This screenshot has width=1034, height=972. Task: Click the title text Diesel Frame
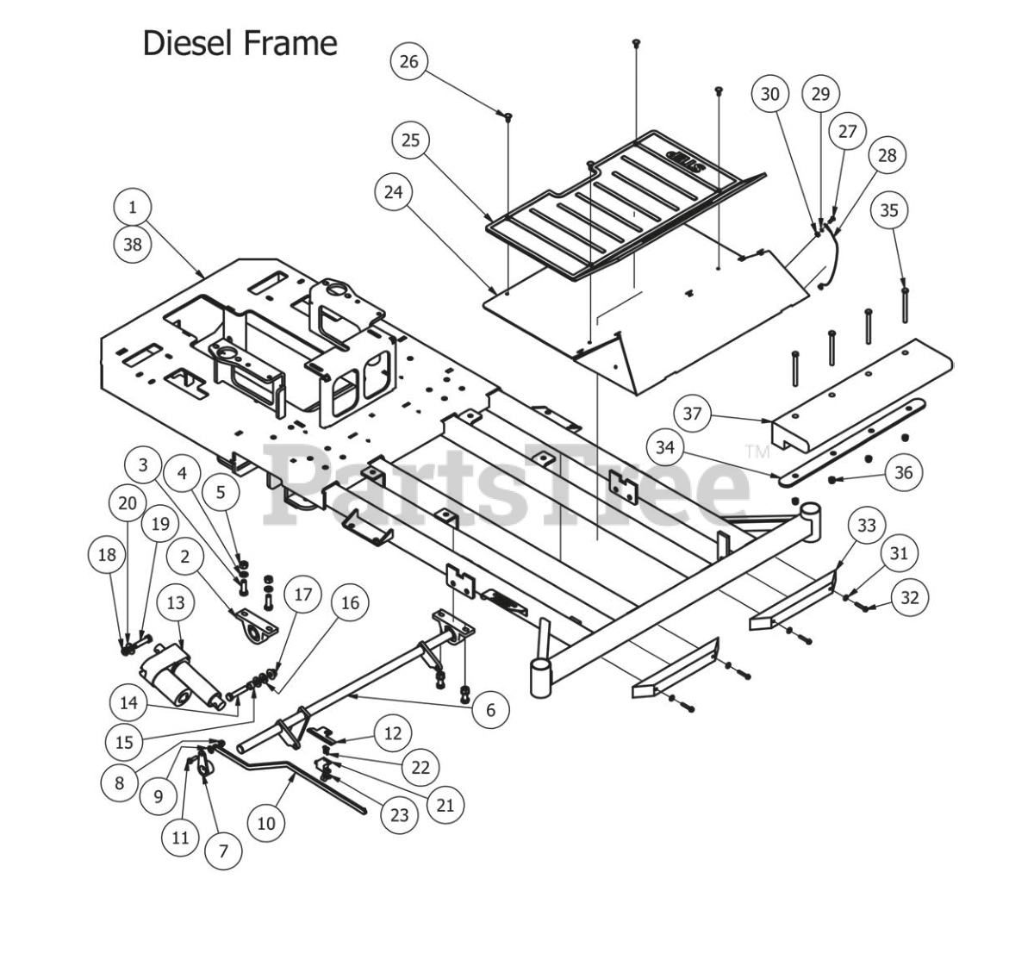point(240,42)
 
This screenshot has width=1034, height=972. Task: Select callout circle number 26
point(409,61)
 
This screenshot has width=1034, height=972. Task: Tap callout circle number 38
point(132,244)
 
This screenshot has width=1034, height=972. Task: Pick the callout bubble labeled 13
point(175,603)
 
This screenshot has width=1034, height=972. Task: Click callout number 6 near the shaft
point(491,709)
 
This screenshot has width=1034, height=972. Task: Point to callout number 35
point(889,210)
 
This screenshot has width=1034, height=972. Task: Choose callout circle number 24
point(393,191)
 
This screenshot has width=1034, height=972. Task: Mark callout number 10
point(266,823)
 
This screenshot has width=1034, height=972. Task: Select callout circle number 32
point(910,596)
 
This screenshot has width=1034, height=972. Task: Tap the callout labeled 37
point(692,414)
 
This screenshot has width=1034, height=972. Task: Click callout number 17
point(302,595)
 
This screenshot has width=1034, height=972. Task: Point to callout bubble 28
point(887,155)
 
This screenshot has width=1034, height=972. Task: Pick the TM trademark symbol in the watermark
point(757,451)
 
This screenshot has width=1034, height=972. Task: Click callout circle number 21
point(445,805)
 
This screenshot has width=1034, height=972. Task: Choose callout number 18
point(107,554)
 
